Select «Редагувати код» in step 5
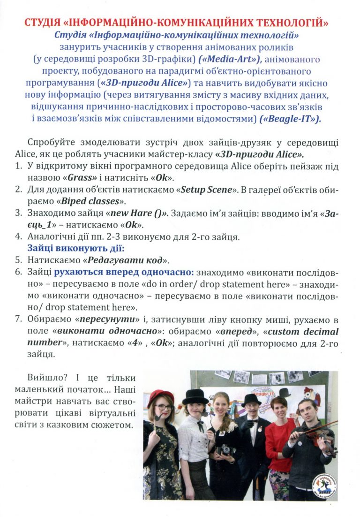[130, 260]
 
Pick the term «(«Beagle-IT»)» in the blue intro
[290, 120]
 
